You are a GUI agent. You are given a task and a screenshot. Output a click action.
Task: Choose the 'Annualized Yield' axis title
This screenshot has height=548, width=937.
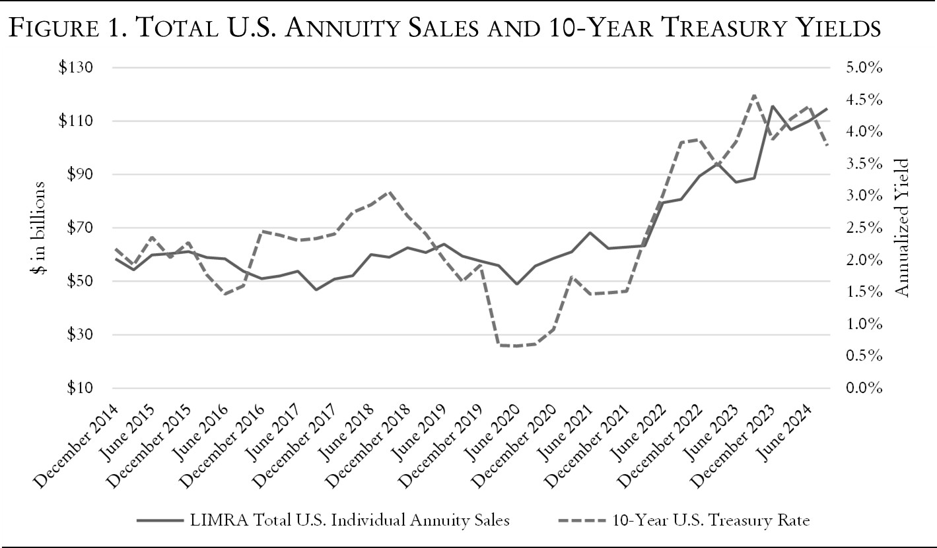click(904, 228)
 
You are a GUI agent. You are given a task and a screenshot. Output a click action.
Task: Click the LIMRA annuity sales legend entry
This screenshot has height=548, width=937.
click(324, 520)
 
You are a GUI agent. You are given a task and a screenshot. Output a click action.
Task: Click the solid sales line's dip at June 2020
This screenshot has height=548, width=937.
click(517, 284)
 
